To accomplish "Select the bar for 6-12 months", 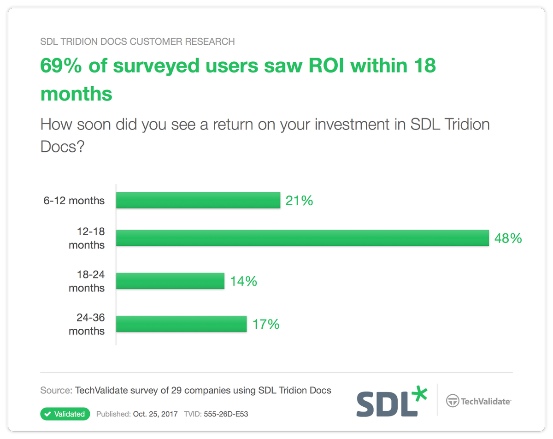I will tap(198, 201).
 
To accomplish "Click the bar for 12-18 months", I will tap(302, 238).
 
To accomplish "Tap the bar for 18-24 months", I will tap(170, 281).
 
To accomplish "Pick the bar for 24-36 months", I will tap(181, 324).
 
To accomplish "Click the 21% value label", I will tap(299, 201).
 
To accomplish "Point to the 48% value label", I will tap(508, 238).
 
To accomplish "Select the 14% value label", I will tap(243, 281).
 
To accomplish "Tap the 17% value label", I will tap(266, 324).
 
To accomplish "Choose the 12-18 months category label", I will tap(87, 239).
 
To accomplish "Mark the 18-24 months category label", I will tap(87, 281).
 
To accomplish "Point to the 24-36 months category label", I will tap(87, 325).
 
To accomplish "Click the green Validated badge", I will tap(65, 414).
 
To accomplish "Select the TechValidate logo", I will tap(478, 401).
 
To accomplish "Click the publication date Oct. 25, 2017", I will tap(155, 414).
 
